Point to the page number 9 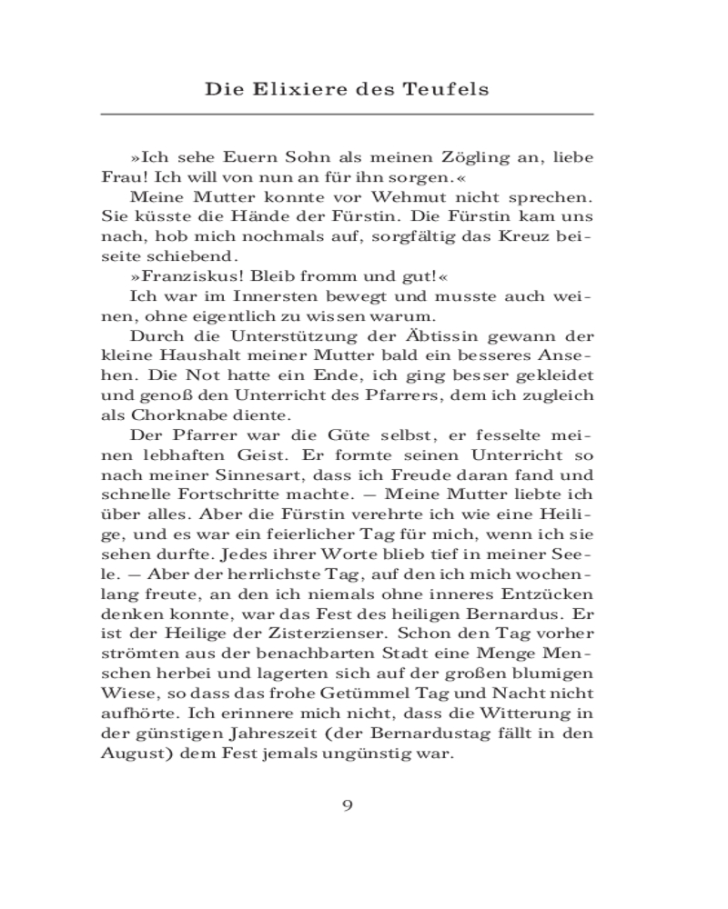tap(347, 804)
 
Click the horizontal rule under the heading tap(347, 114)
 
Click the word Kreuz tap(536, 236)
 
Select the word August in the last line tap(127, 754)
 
